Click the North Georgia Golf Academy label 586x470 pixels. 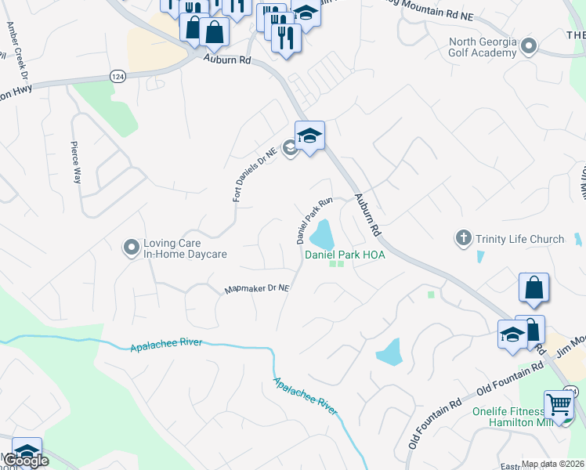[x=483, y=47]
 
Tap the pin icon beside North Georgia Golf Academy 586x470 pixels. [x=529, y=47]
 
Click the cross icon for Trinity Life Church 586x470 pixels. [x=464, y=238]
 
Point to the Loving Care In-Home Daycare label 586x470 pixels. [x=185, y=249]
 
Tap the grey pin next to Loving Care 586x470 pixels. [x=131, y=249]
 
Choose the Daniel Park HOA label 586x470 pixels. [x=345, y=255]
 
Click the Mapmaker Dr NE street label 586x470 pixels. [x=257, y=289]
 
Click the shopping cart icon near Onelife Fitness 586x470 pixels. [x=559, y=406]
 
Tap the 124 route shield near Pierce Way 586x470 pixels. [x=118, y=76]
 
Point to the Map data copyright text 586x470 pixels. [x=553, y=464]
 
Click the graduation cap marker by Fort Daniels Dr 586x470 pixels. [x=309, y=136]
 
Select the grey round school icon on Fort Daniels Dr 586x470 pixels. [x=290, y=146]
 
